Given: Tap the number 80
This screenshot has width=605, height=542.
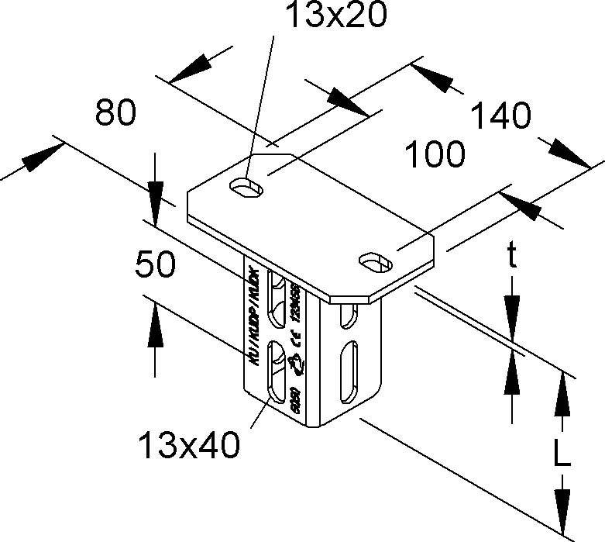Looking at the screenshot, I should click(x=115, y=113).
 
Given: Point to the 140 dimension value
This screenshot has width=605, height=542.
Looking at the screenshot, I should click(x=501, y=116).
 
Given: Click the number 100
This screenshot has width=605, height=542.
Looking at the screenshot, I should click(x=436, y=155).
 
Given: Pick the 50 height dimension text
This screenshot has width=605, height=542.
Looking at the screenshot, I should click(x=156, y=265).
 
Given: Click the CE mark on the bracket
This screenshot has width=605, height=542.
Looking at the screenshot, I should click(x=295, y=336).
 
